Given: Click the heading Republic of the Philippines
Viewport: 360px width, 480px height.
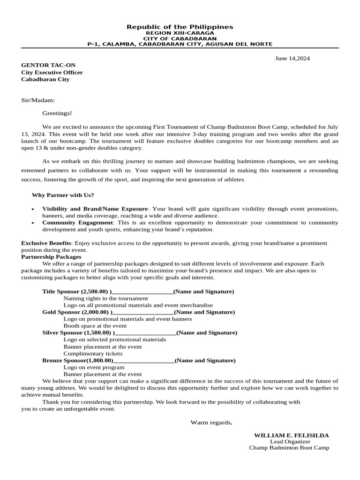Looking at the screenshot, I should [x=180, y=27].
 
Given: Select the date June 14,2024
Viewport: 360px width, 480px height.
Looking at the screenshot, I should [x=292, y=59].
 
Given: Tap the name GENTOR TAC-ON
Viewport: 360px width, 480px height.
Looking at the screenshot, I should [x=48, y=65].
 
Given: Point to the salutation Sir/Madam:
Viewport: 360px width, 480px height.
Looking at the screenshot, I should [x=38, y=100].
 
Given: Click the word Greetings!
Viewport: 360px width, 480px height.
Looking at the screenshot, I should [x=57, y=113].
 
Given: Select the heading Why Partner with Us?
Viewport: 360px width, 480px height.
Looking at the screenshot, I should [x=63, y=195].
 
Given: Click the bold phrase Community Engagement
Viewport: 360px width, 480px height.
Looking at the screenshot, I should [x=78, y=223].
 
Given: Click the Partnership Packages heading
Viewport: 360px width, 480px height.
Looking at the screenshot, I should [x=51, y=257].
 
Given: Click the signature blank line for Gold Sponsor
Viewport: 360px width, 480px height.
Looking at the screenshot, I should [x=143, y=312].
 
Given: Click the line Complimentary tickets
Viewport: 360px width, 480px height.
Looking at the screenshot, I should [x=93, y=353].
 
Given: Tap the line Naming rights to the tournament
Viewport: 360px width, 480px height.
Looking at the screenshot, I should [x=105, y=298].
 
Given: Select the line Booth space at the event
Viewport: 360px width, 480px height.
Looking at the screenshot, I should [x=95, y=326].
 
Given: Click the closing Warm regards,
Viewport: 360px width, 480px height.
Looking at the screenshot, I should [x=211, y=422].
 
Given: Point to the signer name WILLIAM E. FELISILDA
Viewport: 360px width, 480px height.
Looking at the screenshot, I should [x=291, y=435].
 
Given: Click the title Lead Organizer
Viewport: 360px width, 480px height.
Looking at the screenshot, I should [x=290, y=442].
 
